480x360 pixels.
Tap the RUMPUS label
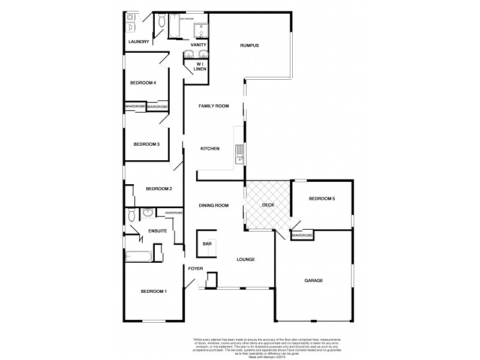coord(249,46)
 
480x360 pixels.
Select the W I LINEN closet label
coord(200,67)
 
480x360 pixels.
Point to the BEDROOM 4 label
coord(143,83)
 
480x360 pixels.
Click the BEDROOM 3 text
coord(146,144)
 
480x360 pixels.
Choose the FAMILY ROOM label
coord(214,106)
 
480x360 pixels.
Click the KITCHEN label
coord(210,149)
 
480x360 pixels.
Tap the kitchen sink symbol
coord(239,154)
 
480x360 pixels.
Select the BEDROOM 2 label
coord(159,189)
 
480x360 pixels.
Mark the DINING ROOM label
coord(214,206)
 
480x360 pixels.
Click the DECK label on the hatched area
coord(268,206)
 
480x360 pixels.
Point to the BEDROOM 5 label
coord(322,199)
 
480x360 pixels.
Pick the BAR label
coord(207,244)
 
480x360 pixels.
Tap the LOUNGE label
coord(247,260)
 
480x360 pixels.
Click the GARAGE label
coord(313,280)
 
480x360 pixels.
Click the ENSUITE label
coord(157,230)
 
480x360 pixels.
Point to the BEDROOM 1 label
coord(154,292)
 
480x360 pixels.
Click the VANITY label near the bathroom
coord(199,45)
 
